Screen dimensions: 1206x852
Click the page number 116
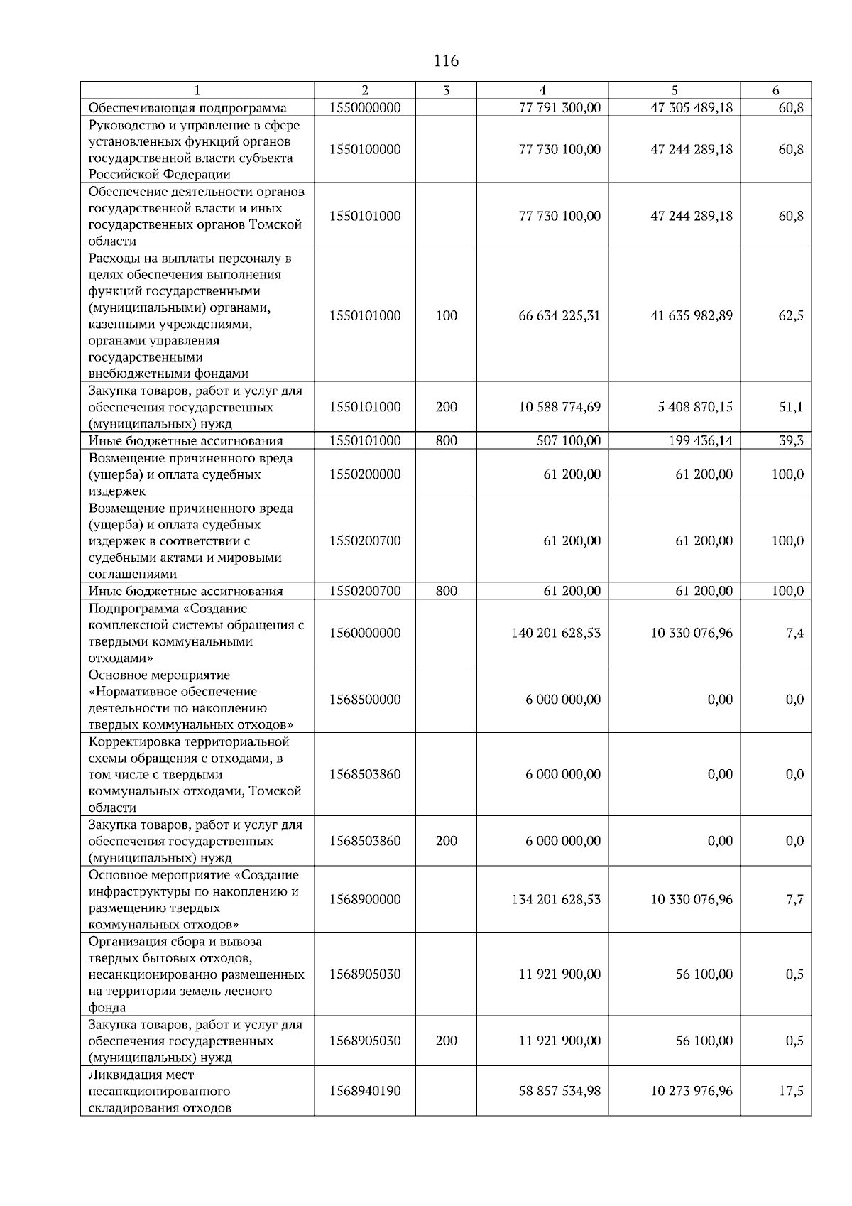(446, 61)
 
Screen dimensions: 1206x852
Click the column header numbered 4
(542, 90)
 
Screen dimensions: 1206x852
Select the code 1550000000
(365, 108)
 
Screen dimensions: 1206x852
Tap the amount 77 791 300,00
(559, 108)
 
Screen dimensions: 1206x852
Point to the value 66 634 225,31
(559, 316)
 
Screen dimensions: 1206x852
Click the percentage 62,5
(791, 316)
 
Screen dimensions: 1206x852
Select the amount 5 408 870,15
(692, 407)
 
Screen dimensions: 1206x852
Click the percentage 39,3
(791, 441)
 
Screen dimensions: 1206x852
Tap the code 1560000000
(365, 633)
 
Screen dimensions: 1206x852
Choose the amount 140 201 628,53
(556, 633)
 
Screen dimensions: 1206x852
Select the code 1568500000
(365, 700)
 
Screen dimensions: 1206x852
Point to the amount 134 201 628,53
(556, 900)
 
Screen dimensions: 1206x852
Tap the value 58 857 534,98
(559, 1091)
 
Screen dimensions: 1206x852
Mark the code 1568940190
(365, 1091)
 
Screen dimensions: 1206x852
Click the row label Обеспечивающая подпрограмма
(187, 108)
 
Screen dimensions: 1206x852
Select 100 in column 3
(446, 316)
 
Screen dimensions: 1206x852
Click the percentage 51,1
(791, 407)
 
